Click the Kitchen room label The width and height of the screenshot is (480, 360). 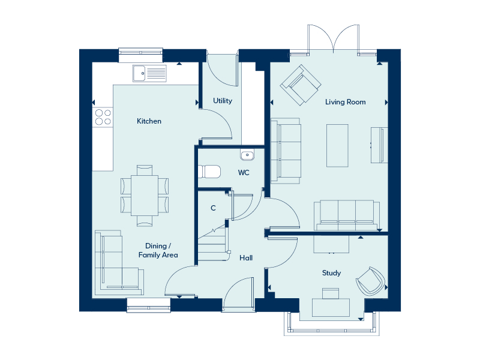click(149, 121)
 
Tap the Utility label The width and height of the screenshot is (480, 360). click(223, 101)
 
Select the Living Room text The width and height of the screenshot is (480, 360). click(346, 102)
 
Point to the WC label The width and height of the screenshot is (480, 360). click(244, 173)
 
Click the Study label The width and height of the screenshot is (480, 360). click(332, 273)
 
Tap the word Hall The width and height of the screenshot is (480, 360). click(246, 258)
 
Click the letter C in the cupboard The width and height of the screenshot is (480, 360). click(214, 208)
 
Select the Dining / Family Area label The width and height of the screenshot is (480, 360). click(158, 250)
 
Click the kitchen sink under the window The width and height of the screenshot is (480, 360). click(149, 73)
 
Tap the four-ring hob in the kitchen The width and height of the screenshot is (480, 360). click(103, 117)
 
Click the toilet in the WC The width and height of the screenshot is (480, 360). click(209, 172)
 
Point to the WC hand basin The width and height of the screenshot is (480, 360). click(247, 155)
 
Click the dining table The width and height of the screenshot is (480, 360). click(145, 196)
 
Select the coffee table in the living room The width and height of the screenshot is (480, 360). click(337, 145)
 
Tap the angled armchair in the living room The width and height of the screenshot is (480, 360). click(301, 85)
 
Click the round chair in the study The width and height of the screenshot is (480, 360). click(371, 281)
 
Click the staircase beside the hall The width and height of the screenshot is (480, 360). click(213, 244)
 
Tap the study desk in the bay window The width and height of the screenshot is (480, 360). click(331, 307)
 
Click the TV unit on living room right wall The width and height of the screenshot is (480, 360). click(379, 145)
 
